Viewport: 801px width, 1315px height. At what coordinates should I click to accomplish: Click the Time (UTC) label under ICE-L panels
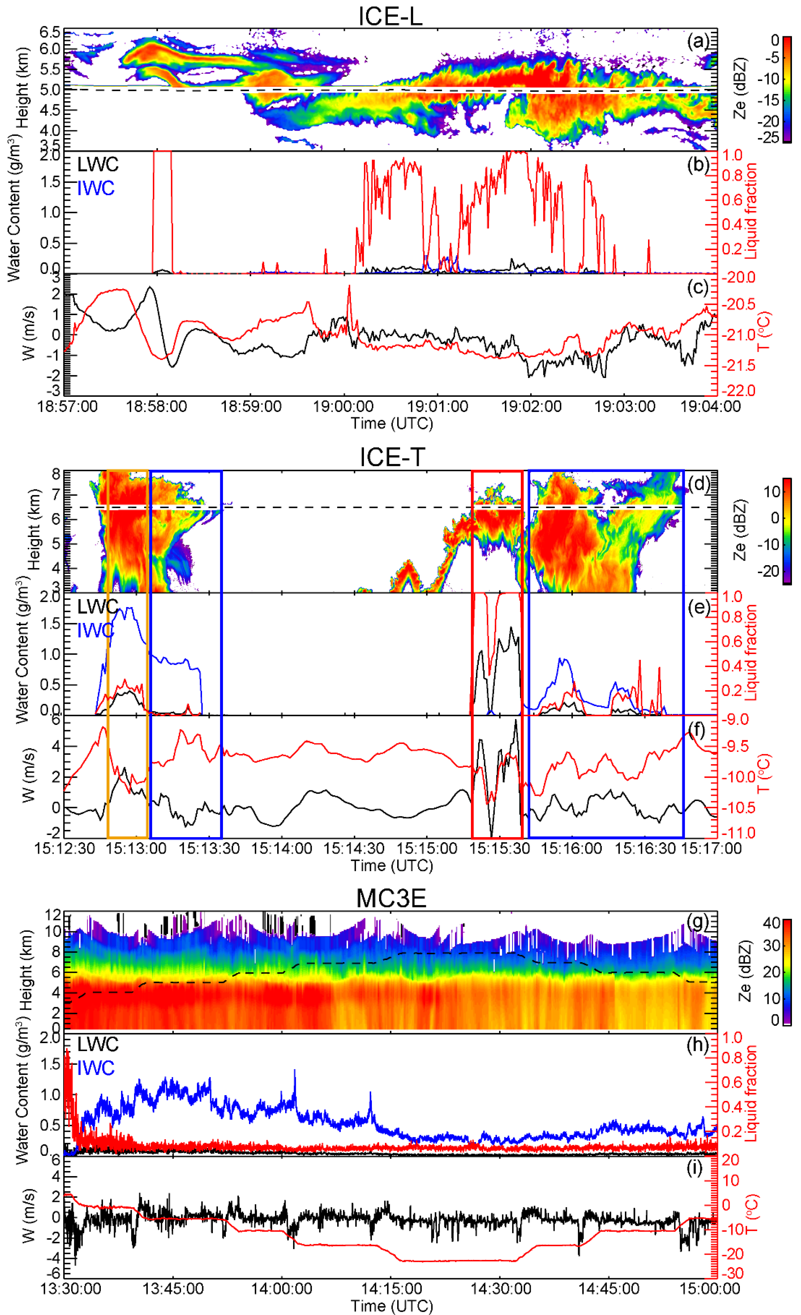391,423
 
